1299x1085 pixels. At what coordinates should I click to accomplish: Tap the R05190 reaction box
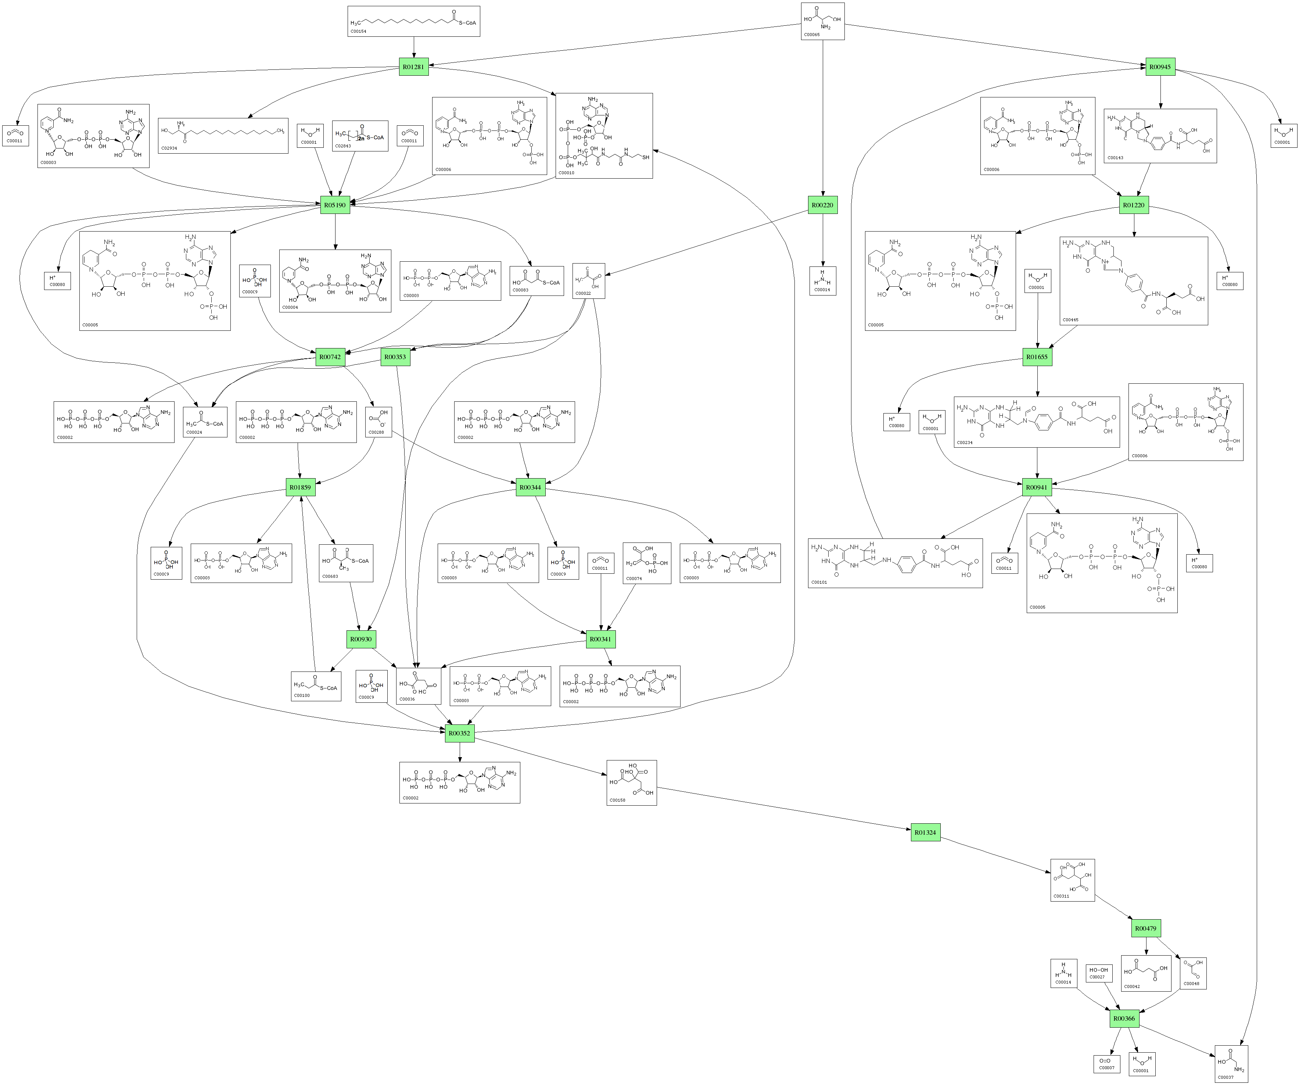(x=335, y=205)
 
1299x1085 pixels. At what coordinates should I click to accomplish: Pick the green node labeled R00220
(x=823, y=205)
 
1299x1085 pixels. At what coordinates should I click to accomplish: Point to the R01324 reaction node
(x=925, y=832)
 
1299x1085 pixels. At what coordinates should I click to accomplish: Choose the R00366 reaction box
(x=1124, y=1018)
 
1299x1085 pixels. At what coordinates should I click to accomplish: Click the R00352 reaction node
(x=460, y=733)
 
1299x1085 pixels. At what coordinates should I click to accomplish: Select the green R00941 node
(x=1037, y=487)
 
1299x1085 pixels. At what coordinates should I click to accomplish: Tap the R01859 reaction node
(x=300, y=487)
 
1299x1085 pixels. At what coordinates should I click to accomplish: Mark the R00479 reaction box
(x=1146, y=928)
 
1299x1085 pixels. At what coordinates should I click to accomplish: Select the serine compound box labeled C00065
(x=823, y=21)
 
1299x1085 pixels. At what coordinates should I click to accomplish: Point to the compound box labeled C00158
(x=632, y=783)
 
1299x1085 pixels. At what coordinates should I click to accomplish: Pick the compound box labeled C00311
(x=1073, y=880)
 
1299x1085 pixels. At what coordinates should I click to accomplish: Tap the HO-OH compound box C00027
(x=1099, y=973)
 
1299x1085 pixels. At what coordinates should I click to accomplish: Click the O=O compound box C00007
(x=1106, y=1064)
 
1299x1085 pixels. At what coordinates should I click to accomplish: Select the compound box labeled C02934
(x=223, y=136)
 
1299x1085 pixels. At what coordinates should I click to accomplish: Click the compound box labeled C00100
(x=316, y=686)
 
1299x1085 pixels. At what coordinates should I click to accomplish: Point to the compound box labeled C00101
(x=895, y=563)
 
